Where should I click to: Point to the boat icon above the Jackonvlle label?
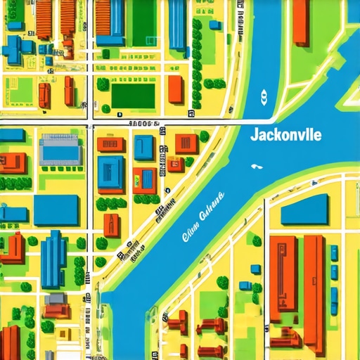coord(264,97)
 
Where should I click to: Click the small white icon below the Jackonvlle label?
coord(255,167)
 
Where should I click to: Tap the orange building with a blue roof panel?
coord(145,179)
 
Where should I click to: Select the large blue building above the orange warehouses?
coord(304,209)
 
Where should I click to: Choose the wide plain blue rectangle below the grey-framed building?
coord(56,210)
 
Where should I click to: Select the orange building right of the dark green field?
coord(175,89)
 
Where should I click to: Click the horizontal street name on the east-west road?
coord(141,124)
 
